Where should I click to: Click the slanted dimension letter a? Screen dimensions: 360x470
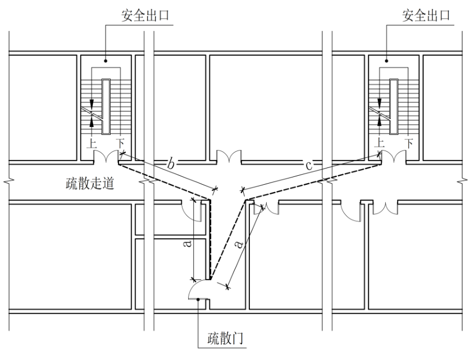click(x=240, y=244)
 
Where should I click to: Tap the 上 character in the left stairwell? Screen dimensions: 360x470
click(x=92, y=143)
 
